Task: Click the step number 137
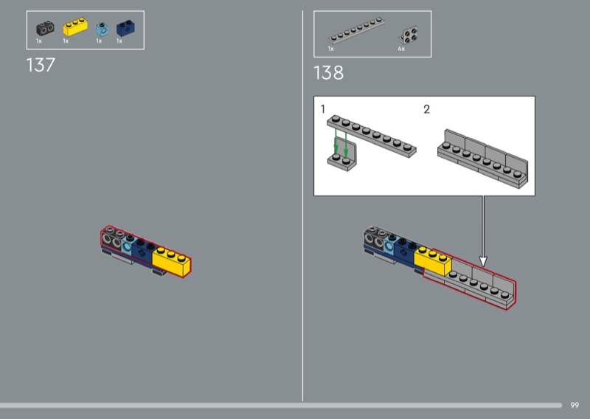[x=41, y=65]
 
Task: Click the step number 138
[x=328, y=72]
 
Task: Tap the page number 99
[x=575, y=406]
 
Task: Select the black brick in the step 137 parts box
[x=45, y=29]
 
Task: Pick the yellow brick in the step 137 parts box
[x=75, y=27]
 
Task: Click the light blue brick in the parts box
[x=102, y=30]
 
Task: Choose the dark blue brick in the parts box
[x=125, y=28]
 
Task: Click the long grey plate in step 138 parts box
[x=356, y=31]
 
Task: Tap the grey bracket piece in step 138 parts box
[x=409, y=35]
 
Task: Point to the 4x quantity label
[x=401, y=49]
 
